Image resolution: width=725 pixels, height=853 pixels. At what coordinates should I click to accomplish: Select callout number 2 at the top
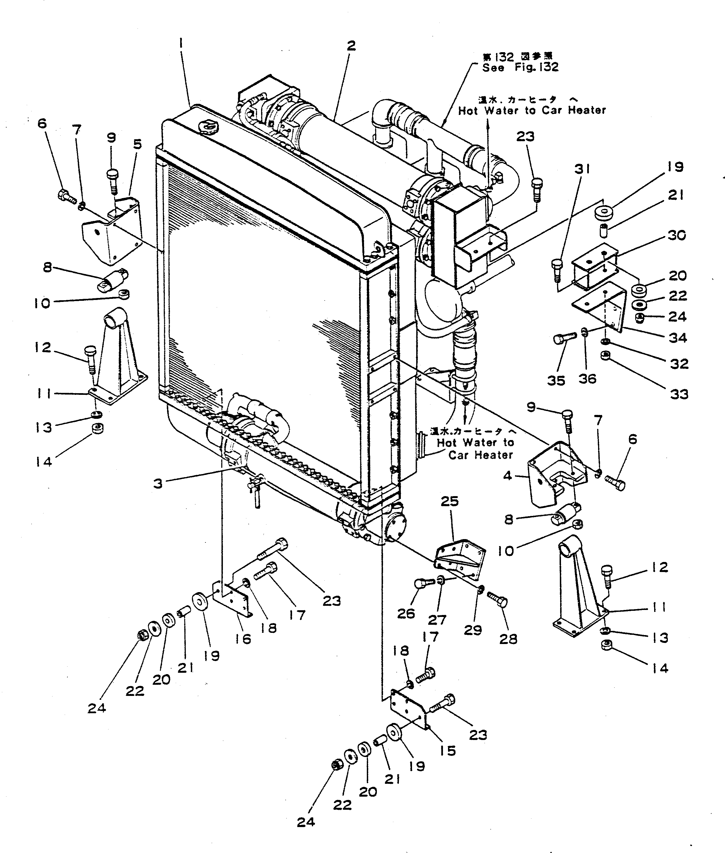351,46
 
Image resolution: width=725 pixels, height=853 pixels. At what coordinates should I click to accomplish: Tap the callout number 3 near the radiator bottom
158,484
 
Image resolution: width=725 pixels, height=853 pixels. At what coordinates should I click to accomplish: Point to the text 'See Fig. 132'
520,68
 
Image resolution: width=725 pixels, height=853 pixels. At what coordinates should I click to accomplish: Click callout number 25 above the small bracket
450,501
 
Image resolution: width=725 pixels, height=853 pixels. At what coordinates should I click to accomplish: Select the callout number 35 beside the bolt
556,380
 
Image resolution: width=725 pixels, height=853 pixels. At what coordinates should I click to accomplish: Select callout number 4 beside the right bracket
508,476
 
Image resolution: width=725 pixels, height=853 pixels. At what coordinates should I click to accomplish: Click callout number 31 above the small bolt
582,169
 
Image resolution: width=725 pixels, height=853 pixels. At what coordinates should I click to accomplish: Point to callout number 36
587,379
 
